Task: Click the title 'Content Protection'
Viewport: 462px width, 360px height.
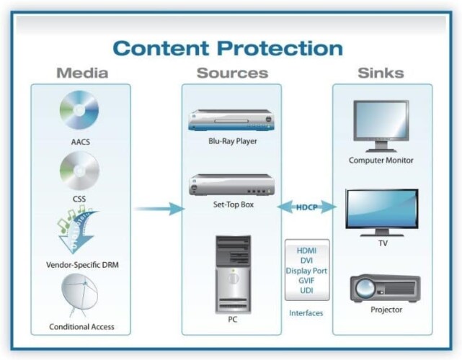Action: coord(228,48)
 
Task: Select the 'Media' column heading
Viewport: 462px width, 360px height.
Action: coord(81,73)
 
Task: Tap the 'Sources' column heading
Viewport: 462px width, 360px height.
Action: coord(232,73)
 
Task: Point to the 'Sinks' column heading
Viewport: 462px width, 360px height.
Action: coord(381,73)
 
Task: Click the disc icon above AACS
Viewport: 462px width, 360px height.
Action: coord(79,110)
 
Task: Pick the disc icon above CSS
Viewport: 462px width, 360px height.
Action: coord(79,170)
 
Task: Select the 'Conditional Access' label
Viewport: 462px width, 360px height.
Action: coord(81,327)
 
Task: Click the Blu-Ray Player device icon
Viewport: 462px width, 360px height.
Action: coord(231,120)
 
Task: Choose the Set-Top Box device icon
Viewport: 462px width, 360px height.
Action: coord(231,184)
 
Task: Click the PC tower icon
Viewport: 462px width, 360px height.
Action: coord(233,270)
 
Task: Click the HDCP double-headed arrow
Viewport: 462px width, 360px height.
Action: coord(308,207)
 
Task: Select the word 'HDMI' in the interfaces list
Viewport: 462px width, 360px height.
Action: coord(307,250)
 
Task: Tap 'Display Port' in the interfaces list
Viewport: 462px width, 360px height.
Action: coord(307,270)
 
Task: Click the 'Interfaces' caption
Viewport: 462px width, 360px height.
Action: coord(306,313)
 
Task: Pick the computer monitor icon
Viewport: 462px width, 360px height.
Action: coord(381,124)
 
